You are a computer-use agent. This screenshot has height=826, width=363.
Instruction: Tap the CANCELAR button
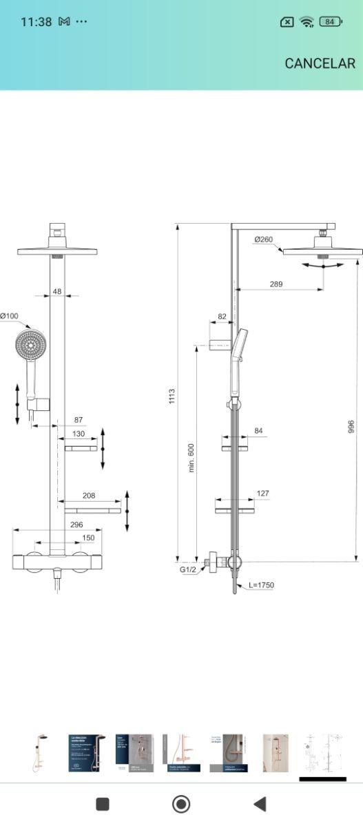[x=320, y=63]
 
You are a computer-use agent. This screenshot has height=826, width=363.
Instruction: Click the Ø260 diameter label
[x=263, y=240]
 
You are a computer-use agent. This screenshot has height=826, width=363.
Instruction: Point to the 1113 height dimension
[x=172, y=396]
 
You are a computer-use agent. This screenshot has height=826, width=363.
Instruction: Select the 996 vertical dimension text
[x=350, y=427]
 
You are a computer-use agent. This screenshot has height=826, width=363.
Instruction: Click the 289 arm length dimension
[x=276, y=284]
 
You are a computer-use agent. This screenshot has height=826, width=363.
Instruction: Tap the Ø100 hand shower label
[x=9, y=316]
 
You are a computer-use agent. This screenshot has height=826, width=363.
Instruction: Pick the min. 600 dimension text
[x=191, y=456]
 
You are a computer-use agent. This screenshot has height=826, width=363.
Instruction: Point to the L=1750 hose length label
[x=262, y=585]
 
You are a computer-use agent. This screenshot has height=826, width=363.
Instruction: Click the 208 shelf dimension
[x=88, y=496]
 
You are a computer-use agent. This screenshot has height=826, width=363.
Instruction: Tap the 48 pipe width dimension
[x=56, y=291]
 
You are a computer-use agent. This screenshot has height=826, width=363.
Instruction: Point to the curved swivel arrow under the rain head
[x=322, y=265]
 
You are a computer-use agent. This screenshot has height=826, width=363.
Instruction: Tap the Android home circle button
[x=181, y=803]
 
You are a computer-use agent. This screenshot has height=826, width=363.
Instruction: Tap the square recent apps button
[x=103, y=803]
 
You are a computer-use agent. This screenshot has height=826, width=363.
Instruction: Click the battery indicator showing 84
[x=331, y=22]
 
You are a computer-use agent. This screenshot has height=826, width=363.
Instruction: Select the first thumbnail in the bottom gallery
[x=41, y=753]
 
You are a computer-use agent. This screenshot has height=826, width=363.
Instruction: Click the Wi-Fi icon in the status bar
[x=307, y=22]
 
